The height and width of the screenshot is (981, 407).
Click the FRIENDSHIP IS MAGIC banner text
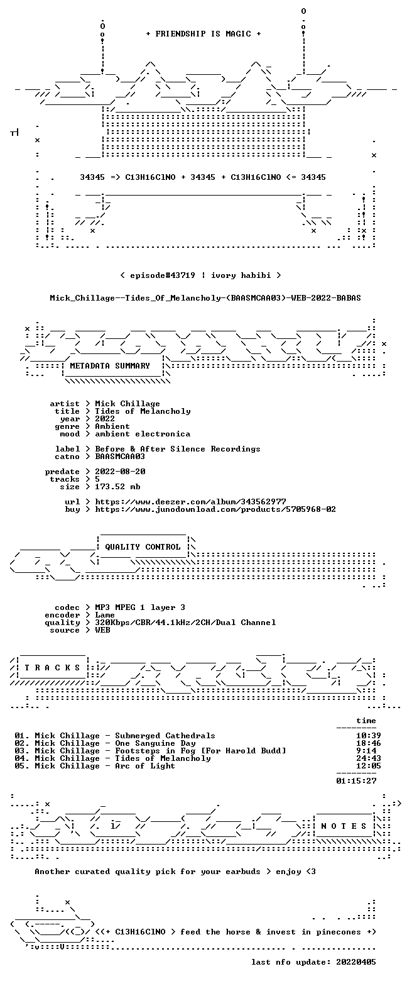203,34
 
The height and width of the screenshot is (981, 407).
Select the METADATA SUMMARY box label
110,366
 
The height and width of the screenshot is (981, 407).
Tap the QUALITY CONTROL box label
143,547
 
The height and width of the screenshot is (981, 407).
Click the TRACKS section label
53,667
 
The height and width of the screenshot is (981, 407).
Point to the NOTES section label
344,826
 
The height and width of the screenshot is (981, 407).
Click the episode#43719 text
163,275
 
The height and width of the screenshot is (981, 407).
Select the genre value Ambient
112,426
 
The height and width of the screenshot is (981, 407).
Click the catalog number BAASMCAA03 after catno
120,457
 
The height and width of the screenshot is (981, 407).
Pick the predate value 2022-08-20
120,472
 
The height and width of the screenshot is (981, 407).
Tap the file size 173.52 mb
117,487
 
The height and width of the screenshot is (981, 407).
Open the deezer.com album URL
190,502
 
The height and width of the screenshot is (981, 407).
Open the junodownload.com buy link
215,509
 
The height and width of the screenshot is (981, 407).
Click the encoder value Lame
105,615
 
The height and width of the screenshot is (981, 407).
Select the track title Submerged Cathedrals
165,736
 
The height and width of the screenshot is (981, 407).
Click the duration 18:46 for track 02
369,743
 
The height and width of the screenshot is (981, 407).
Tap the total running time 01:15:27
356,781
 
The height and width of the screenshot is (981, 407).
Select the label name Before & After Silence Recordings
178,449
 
